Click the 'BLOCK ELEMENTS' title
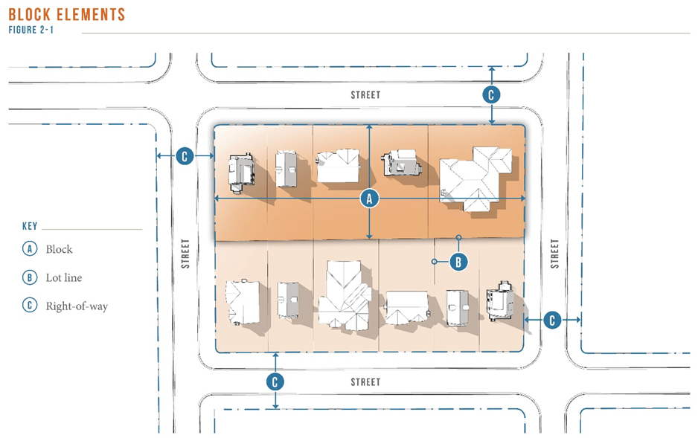67,15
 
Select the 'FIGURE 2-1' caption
31,30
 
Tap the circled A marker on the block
369,199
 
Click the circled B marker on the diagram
458,262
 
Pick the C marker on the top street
491,94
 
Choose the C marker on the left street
185,156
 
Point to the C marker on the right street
552,320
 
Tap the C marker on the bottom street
275,381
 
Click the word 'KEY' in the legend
30,226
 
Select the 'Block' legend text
60,249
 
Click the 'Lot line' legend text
64,277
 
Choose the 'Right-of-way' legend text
77,306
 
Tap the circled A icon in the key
30,248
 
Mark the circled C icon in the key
30,306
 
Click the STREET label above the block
365,94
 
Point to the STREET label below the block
365,382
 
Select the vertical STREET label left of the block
185,254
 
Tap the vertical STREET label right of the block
554,254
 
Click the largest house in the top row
476,178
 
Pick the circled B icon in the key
30,277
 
